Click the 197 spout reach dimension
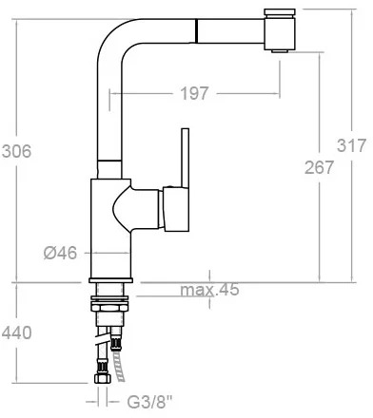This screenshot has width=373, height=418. click(x=194, y=93)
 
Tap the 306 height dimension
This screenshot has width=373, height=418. click(x=16, y=151)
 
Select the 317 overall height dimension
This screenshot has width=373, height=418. click(x=351, y=145)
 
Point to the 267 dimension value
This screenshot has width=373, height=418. click(x=319, y=167)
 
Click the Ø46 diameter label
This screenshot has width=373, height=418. click(x=60, y=253)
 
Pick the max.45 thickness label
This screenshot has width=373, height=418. click(x=209, y=290)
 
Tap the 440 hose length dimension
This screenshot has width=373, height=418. click(x=16, y=332)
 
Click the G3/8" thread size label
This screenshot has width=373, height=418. click(x=149, y=402)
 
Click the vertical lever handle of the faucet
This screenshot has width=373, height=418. click(x=186, y=158)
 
